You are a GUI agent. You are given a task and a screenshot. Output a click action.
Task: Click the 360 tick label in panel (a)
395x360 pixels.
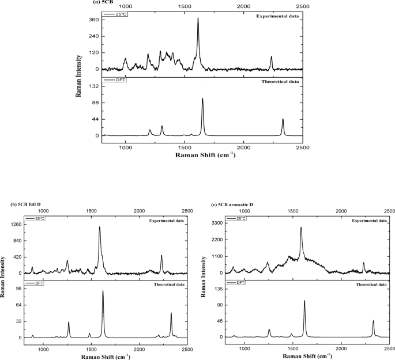pyautogui.click(x=94, y=20)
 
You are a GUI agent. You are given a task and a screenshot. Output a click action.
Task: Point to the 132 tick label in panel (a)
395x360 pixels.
pyautogui.click(x=94, y=86)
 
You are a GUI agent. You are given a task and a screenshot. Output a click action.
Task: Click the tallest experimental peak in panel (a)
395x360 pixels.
pyautogui.click(x=198, y=18)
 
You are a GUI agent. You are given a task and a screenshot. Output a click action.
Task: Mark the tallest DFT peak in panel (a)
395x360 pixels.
pyautogui.click(x=202, y=98)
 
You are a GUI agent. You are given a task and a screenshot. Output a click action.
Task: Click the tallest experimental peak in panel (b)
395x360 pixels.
pyautogui.click(x=100, y=227)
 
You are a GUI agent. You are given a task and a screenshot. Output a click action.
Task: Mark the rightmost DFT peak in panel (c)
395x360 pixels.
pyautogui.click(x=373, y=321)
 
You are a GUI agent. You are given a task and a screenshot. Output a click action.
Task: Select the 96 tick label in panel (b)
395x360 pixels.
pyautogui.click(x=18, y=288)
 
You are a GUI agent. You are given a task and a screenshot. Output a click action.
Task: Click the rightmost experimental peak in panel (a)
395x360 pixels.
pyautogui.click(x=272, y=56)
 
